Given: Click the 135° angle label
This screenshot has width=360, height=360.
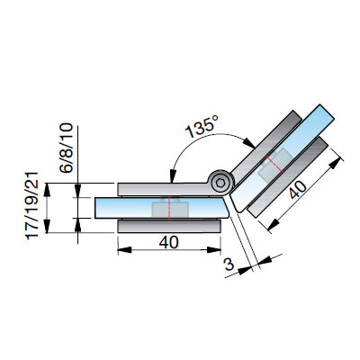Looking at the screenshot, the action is click(x=201, y=126).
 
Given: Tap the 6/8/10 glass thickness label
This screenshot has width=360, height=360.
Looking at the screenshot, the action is click(x=67, y=148).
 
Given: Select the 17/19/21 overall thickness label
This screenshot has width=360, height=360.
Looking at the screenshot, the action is click(x=32, y=205).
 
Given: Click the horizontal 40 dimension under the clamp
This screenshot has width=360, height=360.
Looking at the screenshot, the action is click(x=168, y=242).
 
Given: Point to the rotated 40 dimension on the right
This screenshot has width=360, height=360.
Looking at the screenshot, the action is click(x=298, y=190).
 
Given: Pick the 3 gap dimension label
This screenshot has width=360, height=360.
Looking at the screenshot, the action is click(x=229, y=265).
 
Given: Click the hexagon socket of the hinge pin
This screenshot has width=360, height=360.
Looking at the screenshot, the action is click(x=220, y=183).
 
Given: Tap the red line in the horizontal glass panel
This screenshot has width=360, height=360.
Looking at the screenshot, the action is click(x=169, y=208).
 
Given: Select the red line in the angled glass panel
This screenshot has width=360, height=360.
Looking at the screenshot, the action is click(x=274, y=165).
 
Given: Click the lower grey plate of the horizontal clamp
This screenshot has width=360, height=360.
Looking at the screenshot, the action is click(x=169, y=226).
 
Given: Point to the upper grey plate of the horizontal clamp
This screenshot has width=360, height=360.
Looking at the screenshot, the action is click(x=165, y=189).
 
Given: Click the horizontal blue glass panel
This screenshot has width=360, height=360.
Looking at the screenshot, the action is click(x=162, y=208).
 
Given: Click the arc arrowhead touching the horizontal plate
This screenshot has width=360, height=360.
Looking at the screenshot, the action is click(x=173, y=176).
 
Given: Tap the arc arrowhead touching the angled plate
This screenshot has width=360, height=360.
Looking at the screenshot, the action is click(x=249, y=143).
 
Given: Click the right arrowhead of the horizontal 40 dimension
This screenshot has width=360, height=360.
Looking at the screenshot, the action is click(x=214, y=250).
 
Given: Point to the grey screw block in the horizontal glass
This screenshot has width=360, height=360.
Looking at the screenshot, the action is click(x=170, y=209).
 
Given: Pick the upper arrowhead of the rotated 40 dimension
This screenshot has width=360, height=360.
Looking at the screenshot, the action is click(x=336, y=162).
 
